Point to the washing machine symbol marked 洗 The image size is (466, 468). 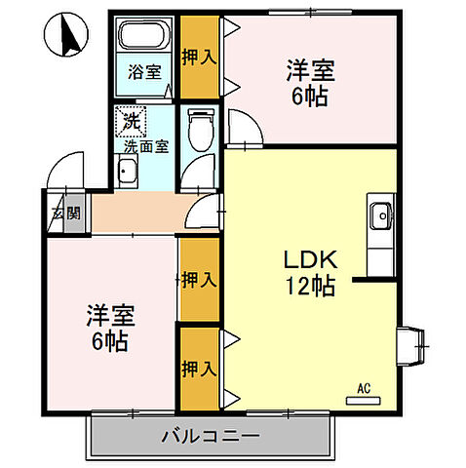pos(130,122)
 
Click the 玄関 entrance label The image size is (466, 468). pos(51,213)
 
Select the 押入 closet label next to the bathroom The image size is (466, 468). pos(200,57)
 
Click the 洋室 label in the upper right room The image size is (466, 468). pos(310,70)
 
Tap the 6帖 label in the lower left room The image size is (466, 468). pos(109,342)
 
